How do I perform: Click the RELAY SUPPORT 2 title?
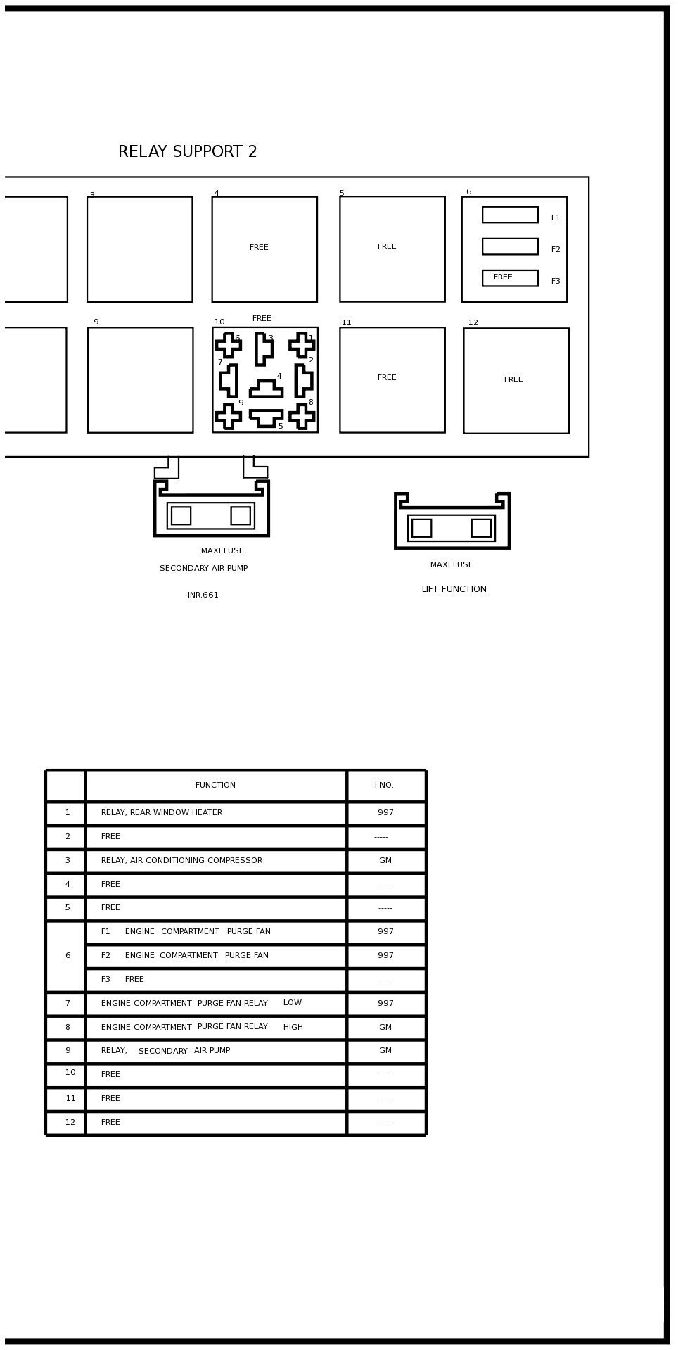coord(187,152)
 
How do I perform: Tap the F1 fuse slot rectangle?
coord(510,215)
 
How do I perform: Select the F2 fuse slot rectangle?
coord(510,246)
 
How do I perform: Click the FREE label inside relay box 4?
coord(259,248)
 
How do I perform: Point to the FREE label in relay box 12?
coord(513,380)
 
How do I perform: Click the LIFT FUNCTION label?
coord(454,589)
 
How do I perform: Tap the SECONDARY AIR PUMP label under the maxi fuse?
coord(203,569)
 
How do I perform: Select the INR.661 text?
coord(203,595)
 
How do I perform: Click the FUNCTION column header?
coord(215,786)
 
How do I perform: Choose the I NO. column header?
coord(384,786)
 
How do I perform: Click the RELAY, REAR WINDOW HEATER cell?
coord(161,813)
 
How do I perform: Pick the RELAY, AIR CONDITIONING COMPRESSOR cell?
coord(181,861)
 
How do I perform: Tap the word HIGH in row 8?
coord(293,1028)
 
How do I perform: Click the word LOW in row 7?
coord(292,1003)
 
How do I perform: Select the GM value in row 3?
coord(385,861)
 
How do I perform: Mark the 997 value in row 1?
coord(385,813)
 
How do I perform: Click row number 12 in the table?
coord(70,1123)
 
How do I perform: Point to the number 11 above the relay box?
coord(346,323)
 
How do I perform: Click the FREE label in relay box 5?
coord(387,247)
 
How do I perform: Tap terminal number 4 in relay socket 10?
coord(279,377)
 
